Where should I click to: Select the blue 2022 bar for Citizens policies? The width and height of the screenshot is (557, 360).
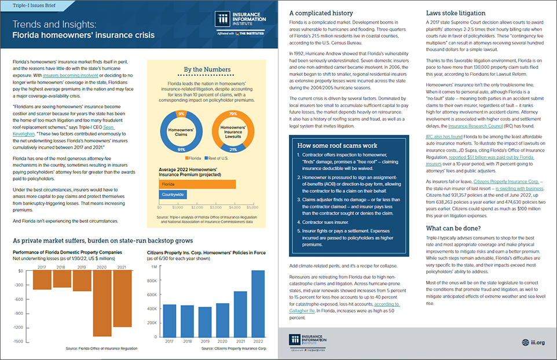pos(258,307)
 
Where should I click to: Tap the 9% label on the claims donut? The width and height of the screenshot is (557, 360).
pos(181,113)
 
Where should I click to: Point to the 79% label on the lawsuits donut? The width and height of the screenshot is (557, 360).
pos(233,113)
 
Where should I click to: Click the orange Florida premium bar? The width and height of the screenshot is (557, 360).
pos(197,184)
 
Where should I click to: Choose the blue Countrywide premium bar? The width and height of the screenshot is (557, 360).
pos(173,194)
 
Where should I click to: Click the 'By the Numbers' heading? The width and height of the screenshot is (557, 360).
pos(207,69)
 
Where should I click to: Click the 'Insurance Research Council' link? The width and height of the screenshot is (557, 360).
pos(473,125)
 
